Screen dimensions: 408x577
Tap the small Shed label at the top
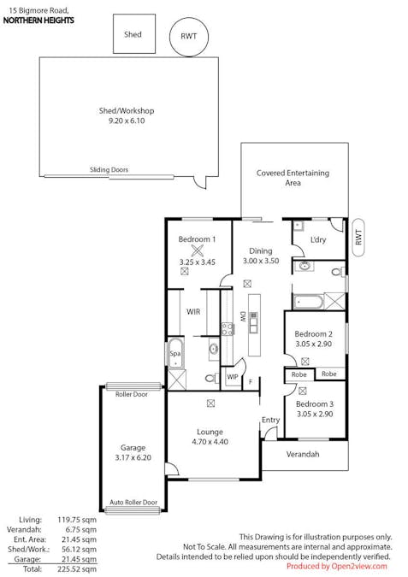coord(133,34)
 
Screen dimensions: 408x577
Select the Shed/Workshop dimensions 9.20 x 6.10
coord(127,121)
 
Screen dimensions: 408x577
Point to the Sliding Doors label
coord(109,169)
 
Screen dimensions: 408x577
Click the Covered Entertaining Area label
coord(293,178)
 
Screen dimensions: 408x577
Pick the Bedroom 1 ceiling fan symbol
coord(198,250)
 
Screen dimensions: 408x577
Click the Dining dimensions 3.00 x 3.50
coord(261,261)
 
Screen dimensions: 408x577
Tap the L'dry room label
coord(318,240)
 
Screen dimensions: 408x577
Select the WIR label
coord(193,312)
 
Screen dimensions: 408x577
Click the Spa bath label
coord(174,354)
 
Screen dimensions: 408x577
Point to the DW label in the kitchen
coord(243,317)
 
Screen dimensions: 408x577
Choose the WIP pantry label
coord(233,377)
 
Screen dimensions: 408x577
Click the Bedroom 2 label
coord(313,334)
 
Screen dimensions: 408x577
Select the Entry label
coord(270,421)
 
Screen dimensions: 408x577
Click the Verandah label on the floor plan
coord(303,454)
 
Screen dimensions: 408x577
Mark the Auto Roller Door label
coord(133,503)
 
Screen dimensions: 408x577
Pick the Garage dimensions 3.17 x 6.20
coord(133,458)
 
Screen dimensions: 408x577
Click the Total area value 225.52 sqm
coord(77,569)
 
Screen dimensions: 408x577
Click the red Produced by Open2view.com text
coord(337,567)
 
